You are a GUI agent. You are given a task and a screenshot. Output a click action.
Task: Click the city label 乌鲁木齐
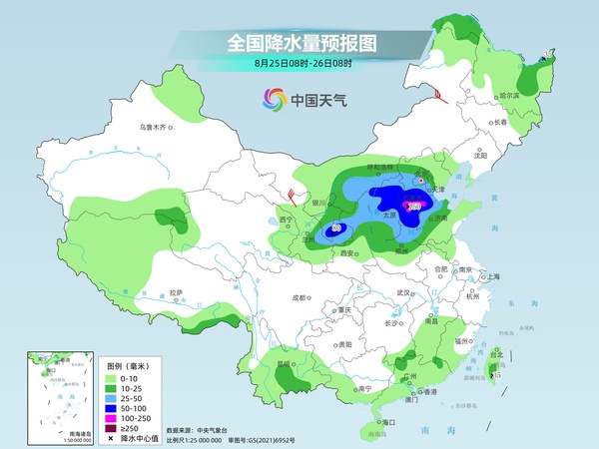156,127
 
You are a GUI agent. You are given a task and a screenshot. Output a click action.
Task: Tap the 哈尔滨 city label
508,95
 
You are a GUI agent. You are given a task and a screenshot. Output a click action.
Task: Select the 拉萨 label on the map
176,292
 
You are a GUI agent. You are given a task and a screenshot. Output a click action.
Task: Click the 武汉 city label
403,291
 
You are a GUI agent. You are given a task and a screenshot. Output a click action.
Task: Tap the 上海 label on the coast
490,276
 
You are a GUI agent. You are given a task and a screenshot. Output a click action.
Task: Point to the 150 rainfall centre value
414,207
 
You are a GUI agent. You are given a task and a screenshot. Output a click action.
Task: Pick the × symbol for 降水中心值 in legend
112,434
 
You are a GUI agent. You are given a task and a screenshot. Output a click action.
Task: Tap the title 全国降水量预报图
299,44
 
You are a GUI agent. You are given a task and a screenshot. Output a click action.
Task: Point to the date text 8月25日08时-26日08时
299,64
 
